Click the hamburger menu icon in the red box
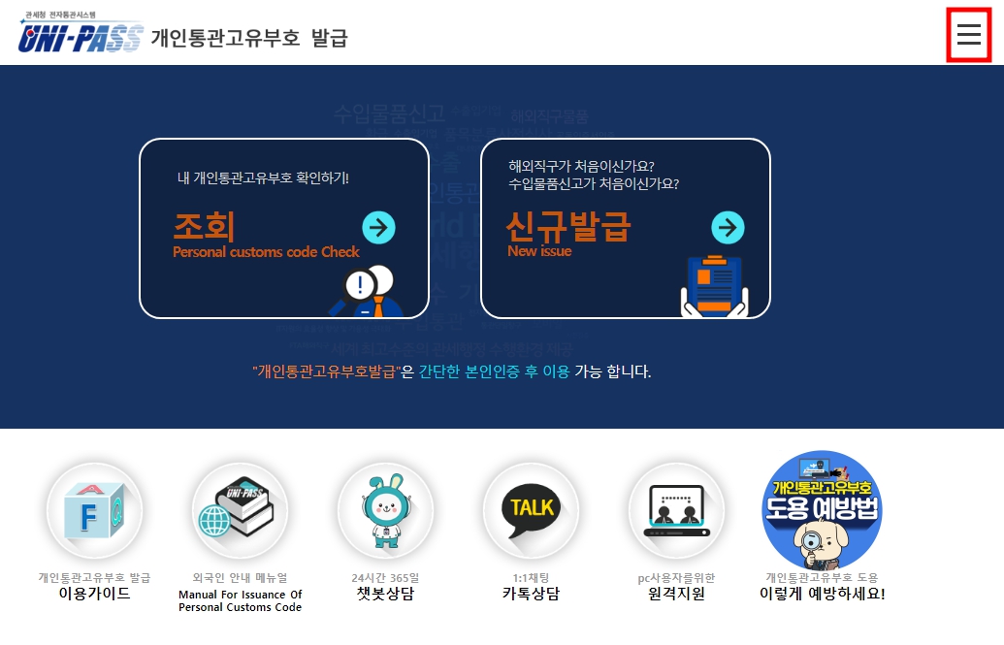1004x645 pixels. pos(968,35)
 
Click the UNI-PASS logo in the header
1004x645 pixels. pos(81,35)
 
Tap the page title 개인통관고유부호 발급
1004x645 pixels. pos(249,38)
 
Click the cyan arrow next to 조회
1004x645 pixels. pos(378,228)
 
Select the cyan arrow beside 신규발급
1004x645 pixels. pos(728,228)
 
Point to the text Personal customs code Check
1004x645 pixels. pos(266,252)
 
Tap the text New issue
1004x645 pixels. pos(539,251)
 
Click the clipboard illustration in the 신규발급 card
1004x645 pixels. pos(713,285)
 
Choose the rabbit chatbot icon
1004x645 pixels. pos(385,509)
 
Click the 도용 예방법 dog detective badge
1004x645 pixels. pos(822,509)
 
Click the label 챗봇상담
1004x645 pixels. pos(385,594)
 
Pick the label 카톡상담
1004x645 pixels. pos(531,594)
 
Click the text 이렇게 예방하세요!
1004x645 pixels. pos(822,594)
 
